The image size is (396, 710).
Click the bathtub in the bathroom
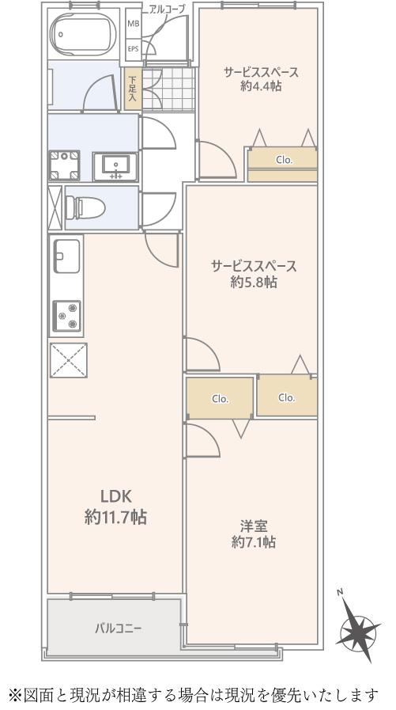[83, 33]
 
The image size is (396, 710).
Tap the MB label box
[134, 23]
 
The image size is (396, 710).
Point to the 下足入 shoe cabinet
[133, 89]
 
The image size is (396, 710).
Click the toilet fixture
[85, 208]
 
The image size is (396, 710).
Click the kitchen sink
[67, 256]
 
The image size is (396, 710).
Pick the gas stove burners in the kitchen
[67, 316]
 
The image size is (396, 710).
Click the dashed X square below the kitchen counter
[68, 360]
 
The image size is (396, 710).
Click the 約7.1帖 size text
[253, 542]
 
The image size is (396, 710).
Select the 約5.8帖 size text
[254, 283]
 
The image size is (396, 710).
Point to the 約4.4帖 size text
[262, 86]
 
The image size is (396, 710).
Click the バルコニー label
[119, 628]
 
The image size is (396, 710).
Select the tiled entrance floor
[168, 89]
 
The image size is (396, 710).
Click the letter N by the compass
[341, 592]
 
